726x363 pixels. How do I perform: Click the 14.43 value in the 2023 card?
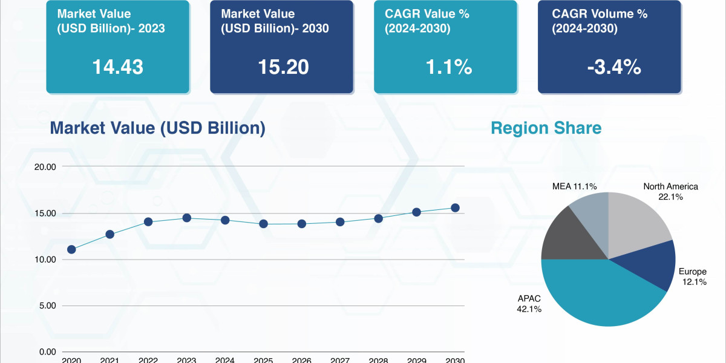click(117, 67)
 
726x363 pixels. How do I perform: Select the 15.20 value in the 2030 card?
click(283, 67)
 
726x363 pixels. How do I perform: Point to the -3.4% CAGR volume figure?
click(613, 67)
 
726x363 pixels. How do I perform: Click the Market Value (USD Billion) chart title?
click(157, 128)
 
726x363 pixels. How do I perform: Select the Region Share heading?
click(546, 128)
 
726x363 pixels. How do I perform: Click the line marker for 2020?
click(71, 249)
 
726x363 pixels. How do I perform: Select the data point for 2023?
click(186, 218)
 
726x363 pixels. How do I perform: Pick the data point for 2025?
click(263, 224)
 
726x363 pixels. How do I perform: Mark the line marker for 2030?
click(455, 208)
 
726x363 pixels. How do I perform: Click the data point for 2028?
click(378, 218)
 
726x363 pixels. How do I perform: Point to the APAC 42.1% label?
click(529, 304)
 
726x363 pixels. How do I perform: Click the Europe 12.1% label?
click(692, 277)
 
